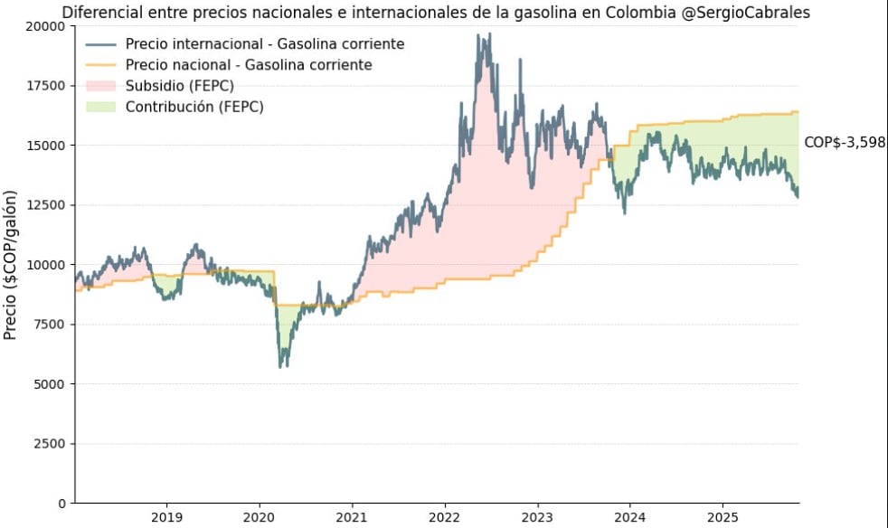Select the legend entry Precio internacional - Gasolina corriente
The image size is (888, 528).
[x=265, y=44]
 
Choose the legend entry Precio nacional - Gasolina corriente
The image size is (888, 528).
[x=249, y=65]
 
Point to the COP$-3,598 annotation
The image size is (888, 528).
[x=844, y=142]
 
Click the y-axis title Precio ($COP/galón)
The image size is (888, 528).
[x=11, y=265]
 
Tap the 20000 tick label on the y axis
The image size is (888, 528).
[x=46, y=26]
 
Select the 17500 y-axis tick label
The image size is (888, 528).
[x=46, y=86]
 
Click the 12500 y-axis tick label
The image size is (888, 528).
[x=46, y=205]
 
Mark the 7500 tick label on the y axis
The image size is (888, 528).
[x=50, y=325]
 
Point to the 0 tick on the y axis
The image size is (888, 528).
[x=61, y=503]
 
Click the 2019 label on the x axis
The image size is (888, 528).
[x=166, y=518]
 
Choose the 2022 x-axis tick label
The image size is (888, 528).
[x=444, y=518]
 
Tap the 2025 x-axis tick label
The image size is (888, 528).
[x=722, y=518]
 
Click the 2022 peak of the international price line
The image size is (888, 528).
[x=489, y=35]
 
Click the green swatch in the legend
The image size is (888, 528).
[x=101, y=107]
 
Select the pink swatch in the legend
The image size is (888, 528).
[x=101, y=86]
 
